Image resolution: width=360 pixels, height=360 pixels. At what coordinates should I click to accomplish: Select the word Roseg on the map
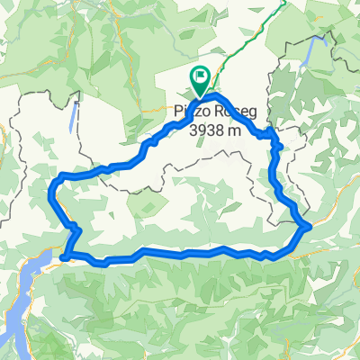point(226,112)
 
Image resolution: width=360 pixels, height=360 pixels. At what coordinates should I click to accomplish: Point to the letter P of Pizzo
point(175,112)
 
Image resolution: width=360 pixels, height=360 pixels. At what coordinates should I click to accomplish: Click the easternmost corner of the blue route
point(309,226)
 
